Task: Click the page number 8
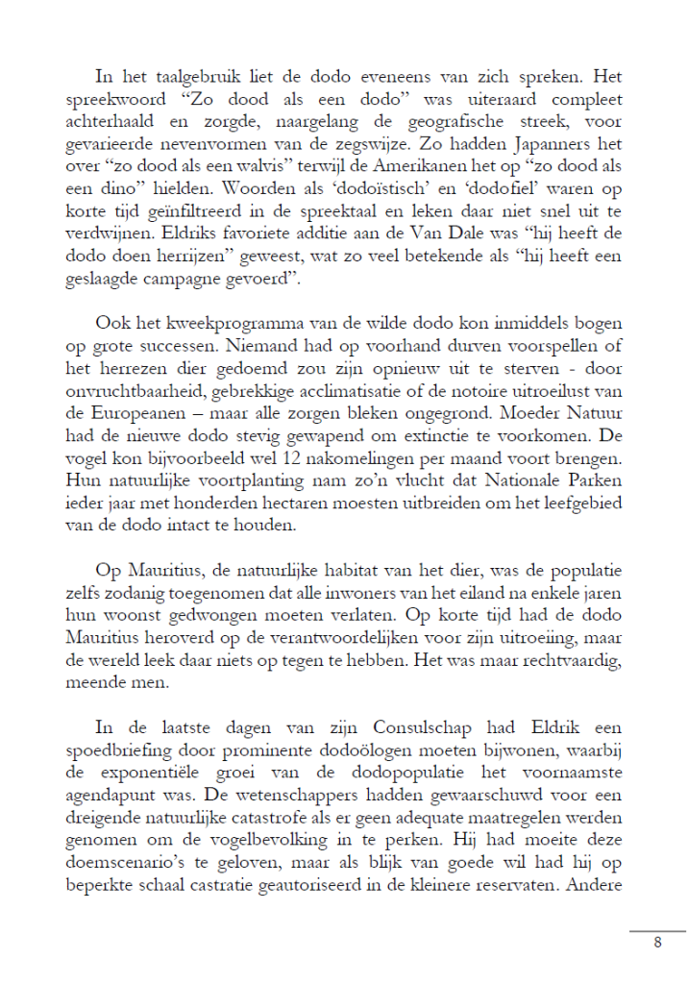coord(658,943)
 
